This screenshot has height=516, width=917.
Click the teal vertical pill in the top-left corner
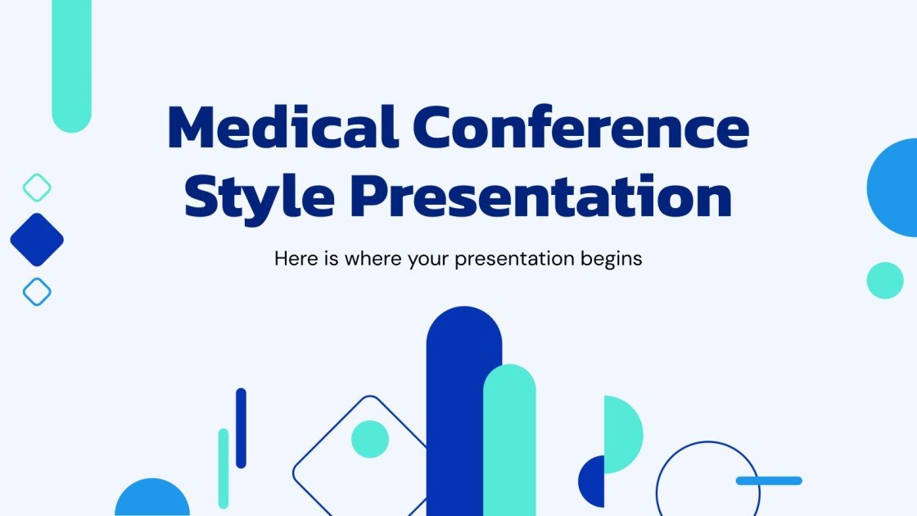[x=71, y=66]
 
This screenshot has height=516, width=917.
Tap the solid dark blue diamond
[x=37, y=240]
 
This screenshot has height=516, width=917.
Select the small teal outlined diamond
[x=37, y=188]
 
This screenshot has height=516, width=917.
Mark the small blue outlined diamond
[x=37, y=292]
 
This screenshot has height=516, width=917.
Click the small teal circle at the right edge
[x=885, y=280]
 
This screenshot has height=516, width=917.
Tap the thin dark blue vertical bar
[x=241, y=428]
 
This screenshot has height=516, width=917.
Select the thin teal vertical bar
[x=223, y=468]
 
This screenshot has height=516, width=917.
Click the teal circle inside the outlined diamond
[x=370, y=439]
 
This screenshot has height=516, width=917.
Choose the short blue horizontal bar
[x=769, y=481]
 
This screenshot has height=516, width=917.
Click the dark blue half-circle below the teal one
[x=594, y=481]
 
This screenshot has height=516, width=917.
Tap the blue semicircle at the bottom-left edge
[x=152, y=500]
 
